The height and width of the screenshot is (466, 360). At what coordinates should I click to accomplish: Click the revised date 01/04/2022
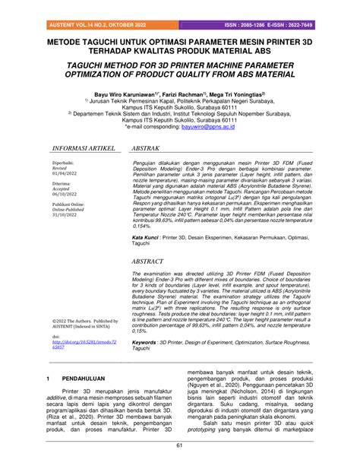64,195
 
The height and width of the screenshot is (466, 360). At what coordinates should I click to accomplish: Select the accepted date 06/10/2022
64,216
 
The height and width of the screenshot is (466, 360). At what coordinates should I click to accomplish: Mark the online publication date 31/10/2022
64,237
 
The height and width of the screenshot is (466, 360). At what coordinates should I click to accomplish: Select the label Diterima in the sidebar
62,205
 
